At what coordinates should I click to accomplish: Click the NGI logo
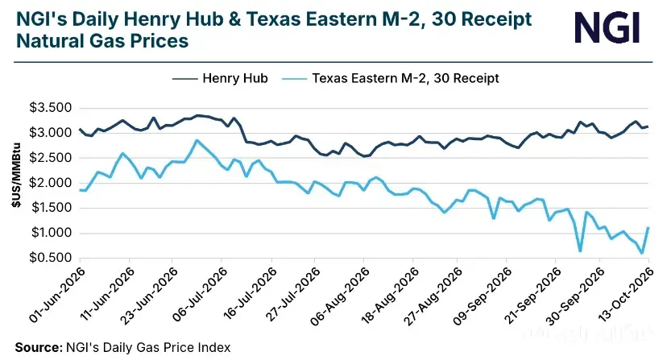607,27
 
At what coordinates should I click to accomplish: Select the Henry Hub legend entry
220,78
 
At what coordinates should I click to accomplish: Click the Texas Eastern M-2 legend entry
390,78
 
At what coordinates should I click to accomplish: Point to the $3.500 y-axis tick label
50,107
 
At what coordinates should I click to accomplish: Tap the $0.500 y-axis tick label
50,258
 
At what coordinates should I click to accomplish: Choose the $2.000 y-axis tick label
50,183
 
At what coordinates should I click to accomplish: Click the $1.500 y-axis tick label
50,208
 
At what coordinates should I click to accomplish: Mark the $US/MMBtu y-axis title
16,175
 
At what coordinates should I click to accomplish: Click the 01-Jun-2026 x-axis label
56,295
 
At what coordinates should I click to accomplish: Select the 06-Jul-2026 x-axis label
200,295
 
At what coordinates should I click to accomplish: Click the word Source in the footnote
39,348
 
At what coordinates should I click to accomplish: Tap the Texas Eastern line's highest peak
197,140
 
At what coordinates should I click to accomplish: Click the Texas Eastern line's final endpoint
648,227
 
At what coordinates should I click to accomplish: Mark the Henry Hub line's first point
80,129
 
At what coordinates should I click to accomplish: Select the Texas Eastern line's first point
80,190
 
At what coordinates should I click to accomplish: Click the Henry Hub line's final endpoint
648,126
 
